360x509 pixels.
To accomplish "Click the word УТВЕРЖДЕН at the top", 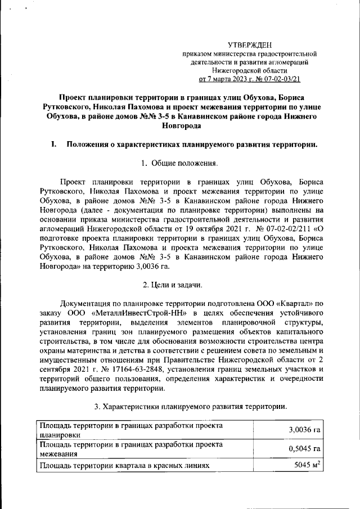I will (x=250, y=44).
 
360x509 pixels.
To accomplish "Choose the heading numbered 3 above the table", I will (x=191, y=406).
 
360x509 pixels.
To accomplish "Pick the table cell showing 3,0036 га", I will (x=304, y=430).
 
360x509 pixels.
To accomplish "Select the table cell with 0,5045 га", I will (x=304, y=448).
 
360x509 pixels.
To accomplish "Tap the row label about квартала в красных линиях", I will (x=124, y=466).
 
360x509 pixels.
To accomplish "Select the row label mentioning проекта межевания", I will (x=129, y=448).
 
